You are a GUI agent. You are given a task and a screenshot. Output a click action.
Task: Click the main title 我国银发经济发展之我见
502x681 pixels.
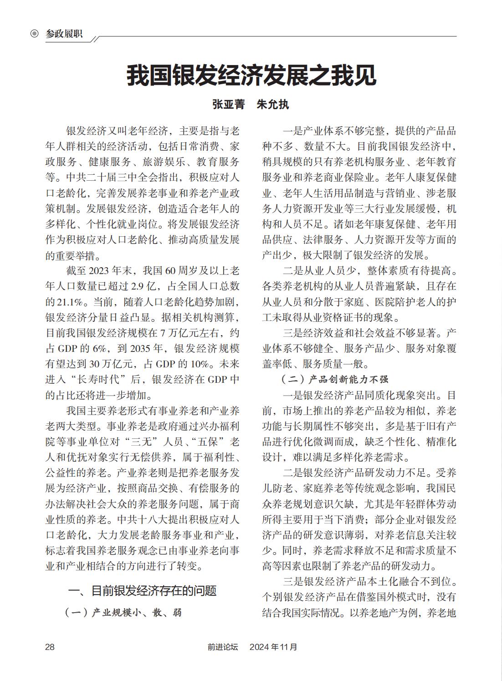[251, 76]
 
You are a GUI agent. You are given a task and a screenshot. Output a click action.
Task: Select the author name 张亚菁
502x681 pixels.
[229, 104]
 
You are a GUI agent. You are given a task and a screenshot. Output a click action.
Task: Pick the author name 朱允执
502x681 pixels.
[273, 104]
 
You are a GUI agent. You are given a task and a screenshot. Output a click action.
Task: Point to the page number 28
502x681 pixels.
[50, 647]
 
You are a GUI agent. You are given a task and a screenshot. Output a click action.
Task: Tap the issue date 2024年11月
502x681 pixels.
[273, 647]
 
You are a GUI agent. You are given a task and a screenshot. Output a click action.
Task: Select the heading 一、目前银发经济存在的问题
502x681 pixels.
[142, 591]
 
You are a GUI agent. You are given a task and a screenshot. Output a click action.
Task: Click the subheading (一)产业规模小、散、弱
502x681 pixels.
[123, 612]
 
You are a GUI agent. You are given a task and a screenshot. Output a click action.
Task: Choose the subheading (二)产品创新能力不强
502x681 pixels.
[334, 379]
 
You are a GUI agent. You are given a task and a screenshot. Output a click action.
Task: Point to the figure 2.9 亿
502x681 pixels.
[143, 286]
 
